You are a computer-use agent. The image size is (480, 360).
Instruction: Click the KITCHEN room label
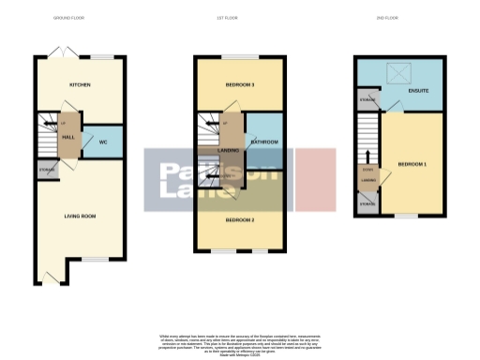coord(80,85)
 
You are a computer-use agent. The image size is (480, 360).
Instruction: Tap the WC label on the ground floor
coord(102,142)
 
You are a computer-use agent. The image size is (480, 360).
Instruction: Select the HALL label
coord(68,137)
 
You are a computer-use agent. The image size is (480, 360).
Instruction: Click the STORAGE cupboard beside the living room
coord(46,171)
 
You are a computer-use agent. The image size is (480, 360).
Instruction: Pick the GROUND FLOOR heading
coord(68,18)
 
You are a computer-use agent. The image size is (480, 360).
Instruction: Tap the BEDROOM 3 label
coord(240,85)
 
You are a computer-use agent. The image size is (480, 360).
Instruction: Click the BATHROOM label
coord(262,142)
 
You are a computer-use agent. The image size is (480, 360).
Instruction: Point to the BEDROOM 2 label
coord(240,220)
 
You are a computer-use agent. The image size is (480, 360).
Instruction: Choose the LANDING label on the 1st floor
coord(226,150)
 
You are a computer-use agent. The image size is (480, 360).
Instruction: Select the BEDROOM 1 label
coord(412,164)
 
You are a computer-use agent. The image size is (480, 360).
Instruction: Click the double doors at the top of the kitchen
coord(62,52)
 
